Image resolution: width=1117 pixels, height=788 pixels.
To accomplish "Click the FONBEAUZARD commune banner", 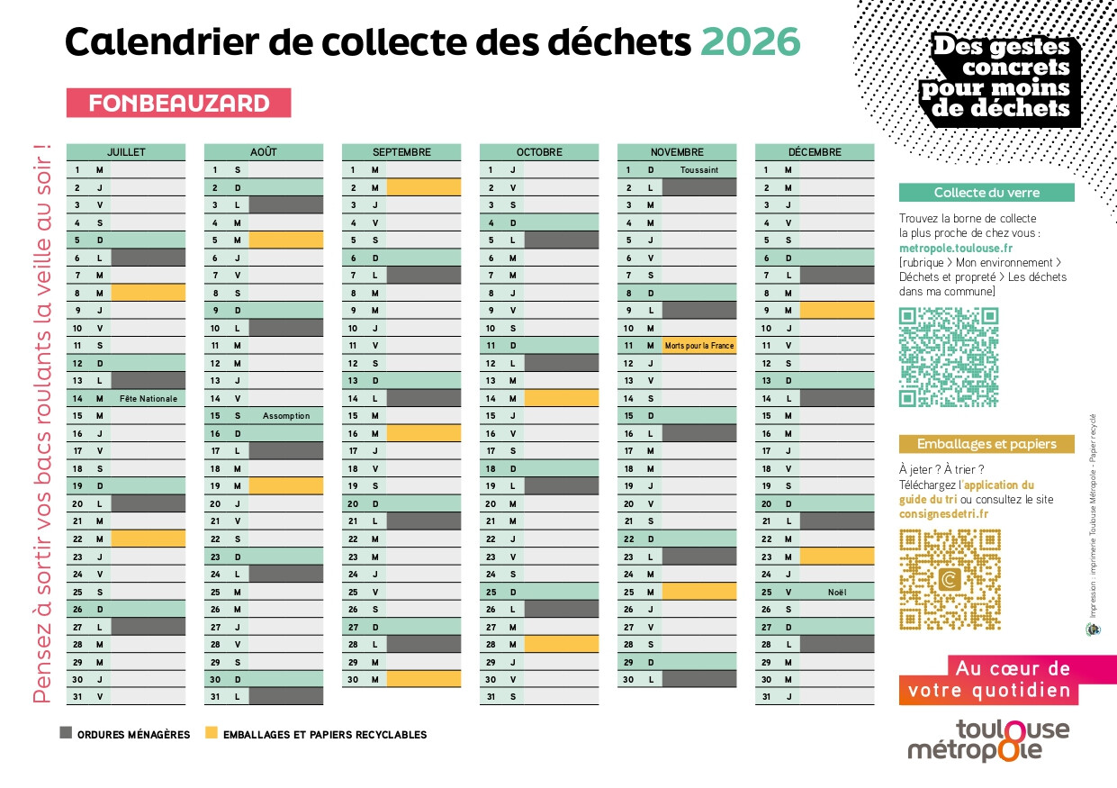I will (178, 103).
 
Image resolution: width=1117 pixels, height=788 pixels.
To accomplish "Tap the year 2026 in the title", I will (750, 41).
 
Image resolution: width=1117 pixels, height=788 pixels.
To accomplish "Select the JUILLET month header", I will (126, 152).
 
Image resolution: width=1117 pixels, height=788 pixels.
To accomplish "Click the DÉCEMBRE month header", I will (814, 152).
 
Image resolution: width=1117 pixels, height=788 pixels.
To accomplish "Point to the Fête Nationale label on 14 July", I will (148, 398).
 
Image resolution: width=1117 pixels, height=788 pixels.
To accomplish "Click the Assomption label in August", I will (285, 416).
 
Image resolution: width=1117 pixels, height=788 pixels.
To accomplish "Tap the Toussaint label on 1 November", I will (698, 169).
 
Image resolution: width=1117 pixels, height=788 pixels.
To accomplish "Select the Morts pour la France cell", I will (698, 346).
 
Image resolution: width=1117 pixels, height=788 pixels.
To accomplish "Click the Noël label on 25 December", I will (836, 592).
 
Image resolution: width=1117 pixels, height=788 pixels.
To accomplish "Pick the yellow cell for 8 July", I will (148, 293).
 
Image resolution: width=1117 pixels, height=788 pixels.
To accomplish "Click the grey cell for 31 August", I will (285, 696).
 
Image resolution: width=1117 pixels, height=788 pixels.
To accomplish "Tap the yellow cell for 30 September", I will (423, 679).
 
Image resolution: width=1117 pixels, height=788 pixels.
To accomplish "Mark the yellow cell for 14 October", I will (561, 398).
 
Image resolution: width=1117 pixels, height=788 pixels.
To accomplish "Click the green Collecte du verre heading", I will (986, 193).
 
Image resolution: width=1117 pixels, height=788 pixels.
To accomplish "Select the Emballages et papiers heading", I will (986, 444).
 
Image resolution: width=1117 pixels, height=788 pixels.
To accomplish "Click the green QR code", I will (949, 357).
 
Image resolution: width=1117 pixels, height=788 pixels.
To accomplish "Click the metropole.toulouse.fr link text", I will (956, 248).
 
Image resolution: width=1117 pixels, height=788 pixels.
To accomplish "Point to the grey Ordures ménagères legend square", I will (66, 733).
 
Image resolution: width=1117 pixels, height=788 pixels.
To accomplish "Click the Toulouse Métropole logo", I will (987, 740).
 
